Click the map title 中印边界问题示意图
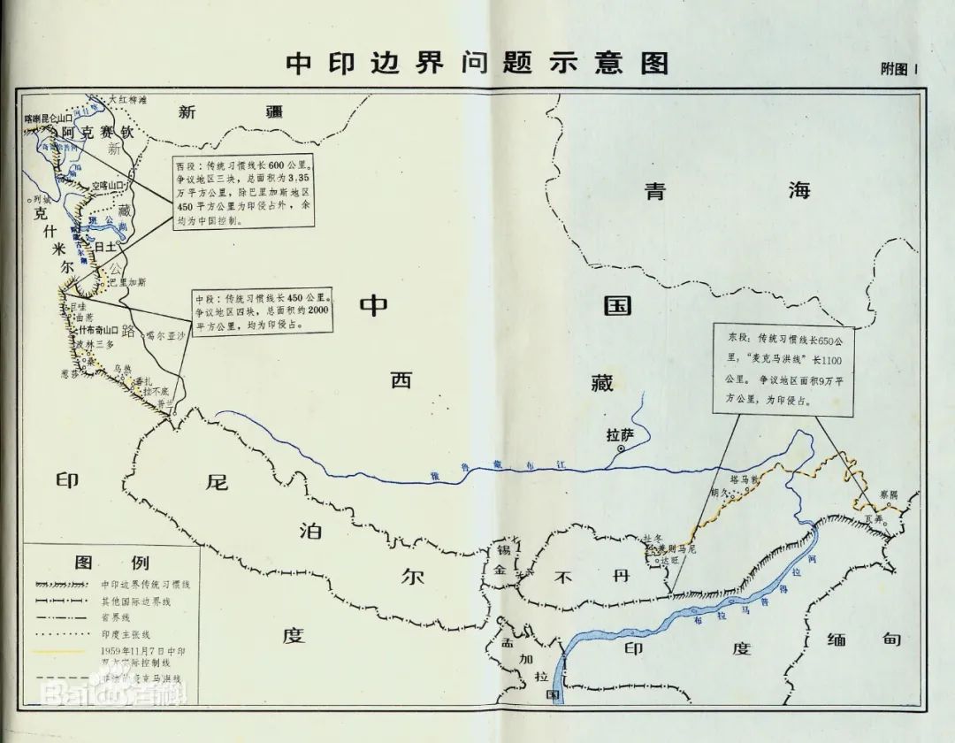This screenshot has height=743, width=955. tap(477, 64)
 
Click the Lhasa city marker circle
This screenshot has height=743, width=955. tap(621, 449)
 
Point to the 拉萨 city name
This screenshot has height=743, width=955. tap(621, 434)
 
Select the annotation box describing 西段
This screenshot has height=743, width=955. tap(242, 193)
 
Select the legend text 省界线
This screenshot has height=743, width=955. tap(116, 617)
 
